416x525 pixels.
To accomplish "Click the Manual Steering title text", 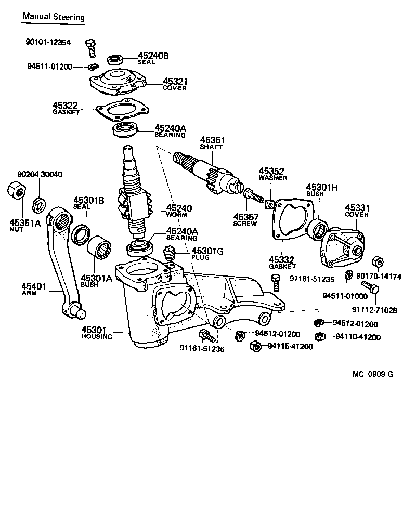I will (53, 17).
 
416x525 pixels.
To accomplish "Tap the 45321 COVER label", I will (175, 84).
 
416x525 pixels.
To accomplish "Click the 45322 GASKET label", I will (66, 108).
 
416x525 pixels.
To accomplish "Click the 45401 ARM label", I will (34, 289).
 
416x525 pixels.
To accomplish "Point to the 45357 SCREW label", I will (245, 219).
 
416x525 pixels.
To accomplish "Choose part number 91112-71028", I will (374, 310).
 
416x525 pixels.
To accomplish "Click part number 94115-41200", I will (290, 347).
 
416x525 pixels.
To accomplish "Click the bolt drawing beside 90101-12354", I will (92, 48).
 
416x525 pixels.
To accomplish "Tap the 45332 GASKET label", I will (281, 262).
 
